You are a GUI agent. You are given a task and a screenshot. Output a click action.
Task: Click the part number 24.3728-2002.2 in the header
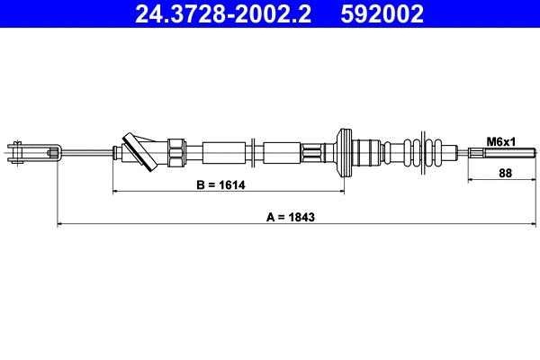pos(224,14)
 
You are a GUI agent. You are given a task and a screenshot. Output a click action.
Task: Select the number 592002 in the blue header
pos(381,14)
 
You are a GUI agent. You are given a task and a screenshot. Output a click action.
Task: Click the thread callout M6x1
pos(500,141)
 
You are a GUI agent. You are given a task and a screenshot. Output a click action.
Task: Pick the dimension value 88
pos(505,174)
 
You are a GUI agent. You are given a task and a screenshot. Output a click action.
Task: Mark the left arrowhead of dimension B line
pos(115,192)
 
